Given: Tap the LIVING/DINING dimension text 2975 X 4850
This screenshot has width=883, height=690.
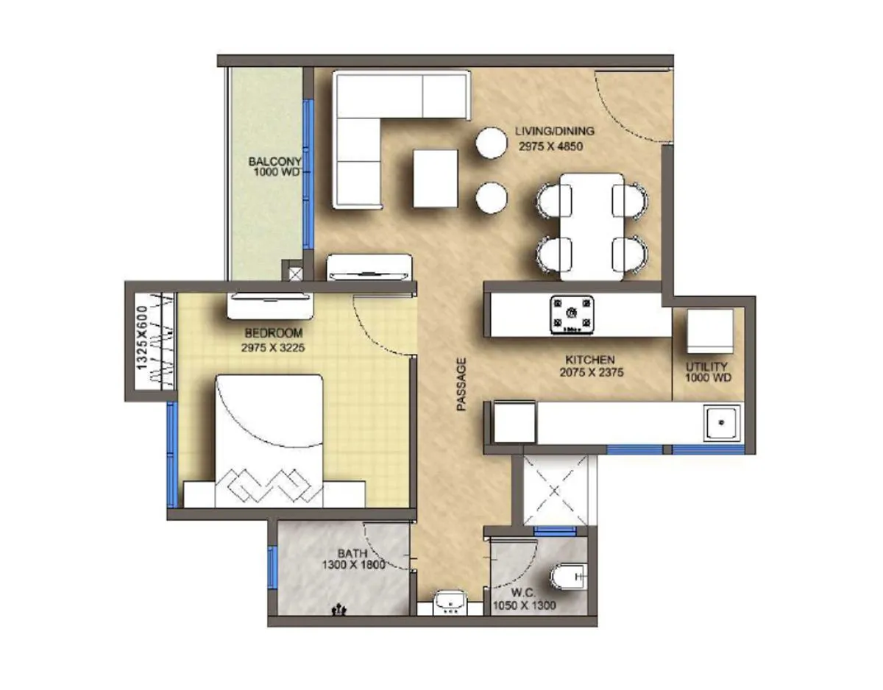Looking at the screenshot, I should click(x=549, y=146).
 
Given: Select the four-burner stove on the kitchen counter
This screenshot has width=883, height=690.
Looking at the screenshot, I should click(x=572, y=314).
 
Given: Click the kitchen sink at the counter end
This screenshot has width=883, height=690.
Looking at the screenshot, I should click(x=721, y=423).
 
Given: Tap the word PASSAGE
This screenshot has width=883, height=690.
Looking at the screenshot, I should click(x=461, y=383).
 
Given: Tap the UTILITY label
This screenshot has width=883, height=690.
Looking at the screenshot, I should click(x=706, y=366).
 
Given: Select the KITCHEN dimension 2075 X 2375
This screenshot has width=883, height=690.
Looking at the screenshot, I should click(x=591, y=372).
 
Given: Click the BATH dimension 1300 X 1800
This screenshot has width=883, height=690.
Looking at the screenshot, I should click(x=353, y=566).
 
